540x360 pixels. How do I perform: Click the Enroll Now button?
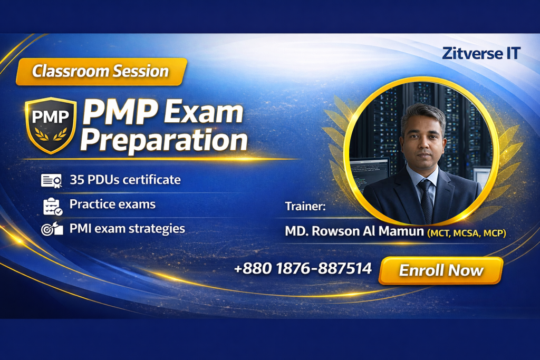click(x=441, y=270)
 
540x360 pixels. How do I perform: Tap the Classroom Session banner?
click(x=101, y=72)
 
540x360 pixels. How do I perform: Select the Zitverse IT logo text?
click(x=481, y=53)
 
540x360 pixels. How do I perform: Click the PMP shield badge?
click(x=51, y=125)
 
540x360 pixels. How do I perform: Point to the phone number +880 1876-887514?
click(x=303, y=268)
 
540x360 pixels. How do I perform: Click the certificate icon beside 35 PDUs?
click(x=51, y=181)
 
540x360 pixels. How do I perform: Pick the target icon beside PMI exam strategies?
click(x=52, y=229)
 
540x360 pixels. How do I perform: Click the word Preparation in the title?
click(x=164, y=140)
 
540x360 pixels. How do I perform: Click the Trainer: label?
click(x=305, y=206)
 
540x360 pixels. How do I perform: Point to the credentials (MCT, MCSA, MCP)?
click(x=467, y=233)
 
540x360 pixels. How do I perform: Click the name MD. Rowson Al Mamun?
click(x=354, y=231)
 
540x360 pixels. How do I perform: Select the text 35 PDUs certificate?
click(x=125, y=180)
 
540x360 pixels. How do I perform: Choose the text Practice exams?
click(x=112, y=204)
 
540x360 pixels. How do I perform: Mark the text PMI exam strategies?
click(x=127, y=229)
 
